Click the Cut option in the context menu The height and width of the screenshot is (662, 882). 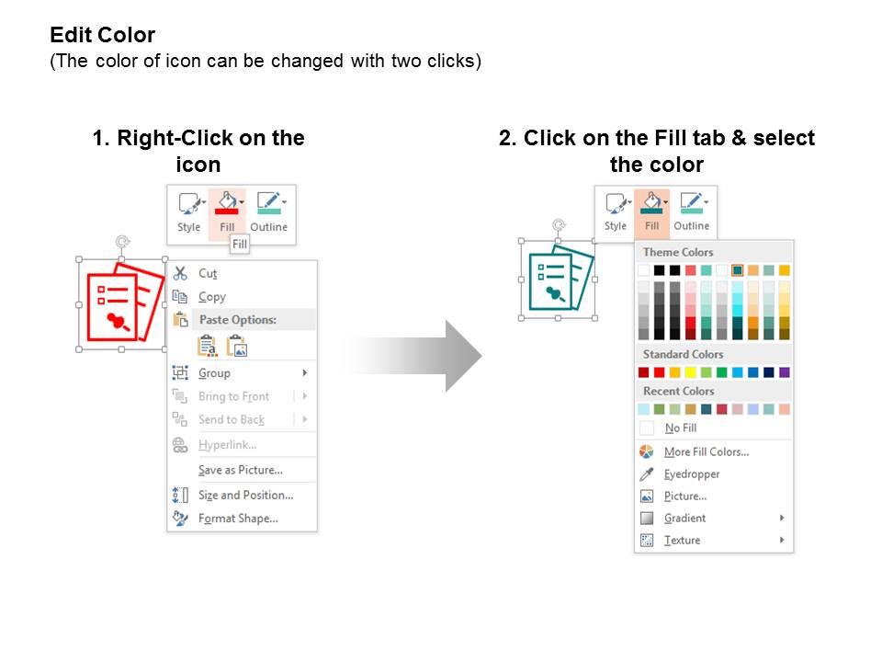(x=208, y=274)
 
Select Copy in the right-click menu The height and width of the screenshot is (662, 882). (x=212, y=297)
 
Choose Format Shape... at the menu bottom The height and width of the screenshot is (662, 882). (x=238, y=519)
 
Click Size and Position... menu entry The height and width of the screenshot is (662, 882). (x=246, y=496)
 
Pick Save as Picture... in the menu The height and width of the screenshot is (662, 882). (x=240, y=470)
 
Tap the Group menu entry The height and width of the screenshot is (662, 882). (x=214, y=373)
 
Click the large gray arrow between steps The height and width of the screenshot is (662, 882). (x=413, y=355)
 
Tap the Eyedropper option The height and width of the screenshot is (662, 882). (x=691, y=474)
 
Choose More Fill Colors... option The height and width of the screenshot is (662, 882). (x=706, y=452)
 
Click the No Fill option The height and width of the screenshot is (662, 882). (x=681, y=428)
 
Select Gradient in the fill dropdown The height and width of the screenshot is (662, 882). (x=684, y=519)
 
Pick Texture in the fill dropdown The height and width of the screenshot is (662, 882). (x=682, y=541)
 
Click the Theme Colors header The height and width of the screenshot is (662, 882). (x=678, y=252)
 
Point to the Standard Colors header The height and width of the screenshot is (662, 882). (x=683, y=354)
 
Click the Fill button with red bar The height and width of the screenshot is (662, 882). (x=227, y=212)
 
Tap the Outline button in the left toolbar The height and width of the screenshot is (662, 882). (x=269, y=212)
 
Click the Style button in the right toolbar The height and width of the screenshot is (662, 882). (x=616, y=211)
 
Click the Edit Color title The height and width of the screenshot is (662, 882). (x=102, y=35)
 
